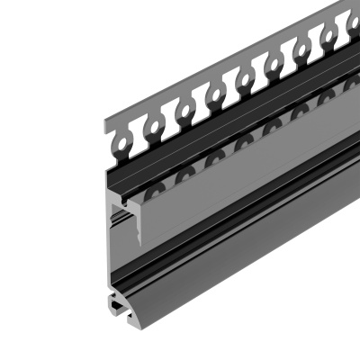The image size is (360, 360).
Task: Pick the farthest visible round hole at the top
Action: click(x=346, y=25)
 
